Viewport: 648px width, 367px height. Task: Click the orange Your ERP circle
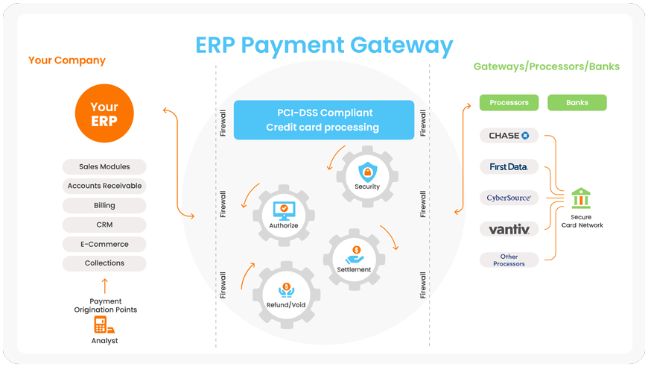(104, 113)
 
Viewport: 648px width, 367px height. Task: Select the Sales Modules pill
(104, 166)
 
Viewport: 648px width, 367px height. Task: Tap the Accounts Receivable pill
(104, 186)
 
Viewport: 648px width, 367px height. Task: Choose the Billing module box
(104, 205)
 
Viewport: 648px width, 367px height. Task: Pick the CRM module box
(104, 225)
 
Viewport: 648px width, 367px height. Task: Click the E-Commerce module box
(104, 244)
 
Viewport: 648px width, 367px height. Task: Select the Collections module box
(104, 263)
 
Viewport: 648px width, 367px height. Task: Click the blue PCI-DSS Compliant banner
(324, 120)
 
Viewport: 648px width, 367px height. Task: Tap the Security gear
(367, 176)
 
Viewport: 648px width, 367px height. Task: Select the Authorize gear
(283, 214)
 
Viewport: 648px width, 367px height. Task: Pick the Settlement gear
(354, 258)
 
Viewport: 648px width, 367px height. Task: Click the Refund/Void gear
(286, 293)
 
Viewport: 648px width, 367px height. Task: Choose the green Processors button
(509, 102)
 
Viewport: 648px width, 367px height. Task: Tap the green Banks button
(577, 102)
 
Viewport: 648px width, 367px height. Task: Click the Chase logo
(509, 136)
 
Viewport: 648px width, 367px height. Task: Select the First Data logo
(509, 167)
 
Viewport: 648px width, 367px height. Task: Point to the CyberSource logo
(509, 198)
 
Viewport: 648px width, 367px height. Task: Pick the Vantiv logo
(509, 229)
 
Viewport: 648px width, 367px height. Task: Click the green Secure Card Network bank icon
(581, 198)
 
